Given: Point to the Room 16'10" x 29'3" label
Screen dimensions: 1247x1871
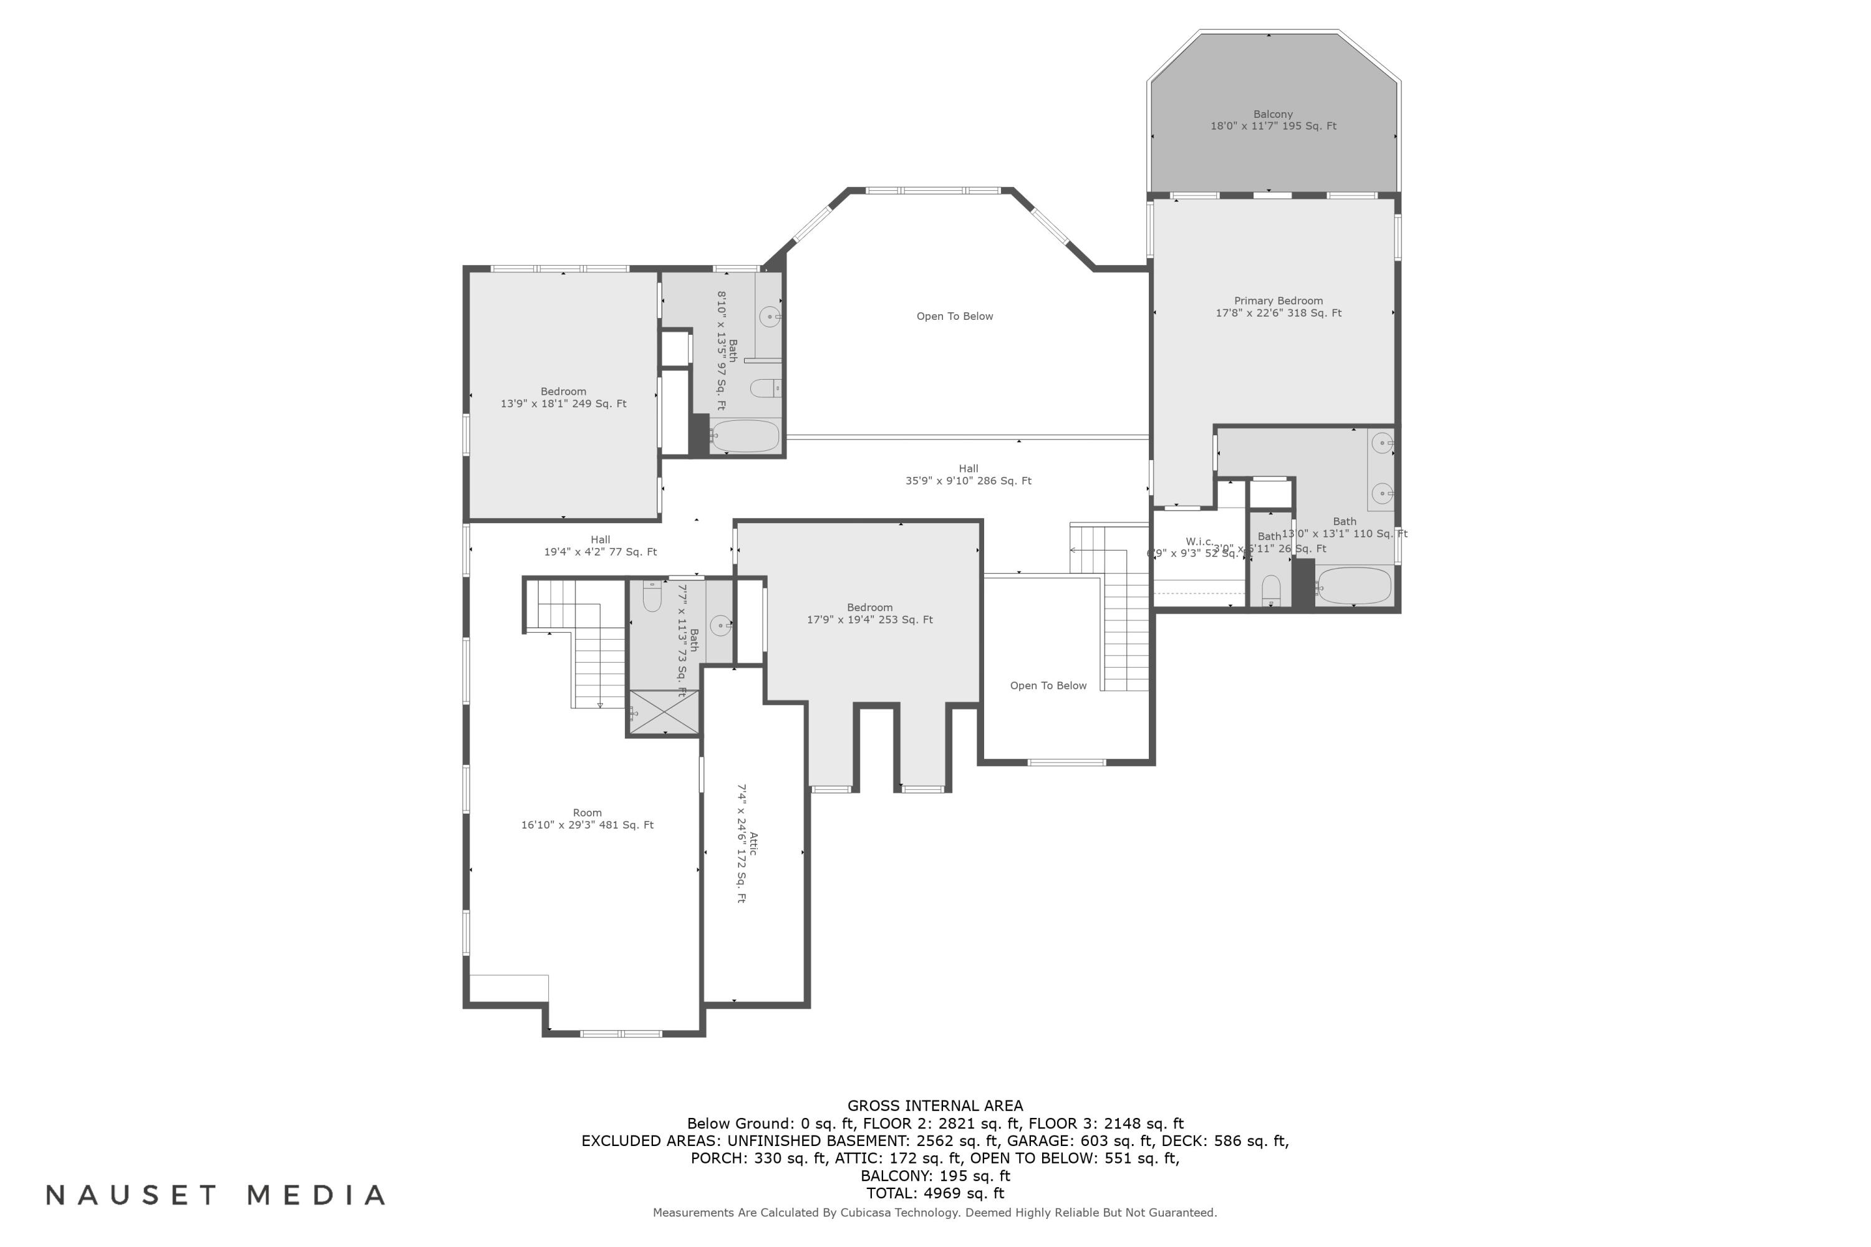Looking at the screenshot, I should click(587, 818).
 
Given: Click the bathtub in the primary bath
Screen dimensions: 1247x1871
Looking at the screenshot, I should click(1353, 586).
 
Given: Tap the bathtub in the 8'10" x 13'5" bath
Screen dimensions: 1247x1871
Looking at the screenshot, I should click(745, 436).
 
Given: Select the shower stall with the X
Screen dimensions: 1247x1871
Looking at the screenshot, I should click(664, 712).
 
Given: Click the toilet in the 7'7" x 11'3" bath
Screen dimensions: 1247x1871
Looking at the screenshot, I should click(652, 597).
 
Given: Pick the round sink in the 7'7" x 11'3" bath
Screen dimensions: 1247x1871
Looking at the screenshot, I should click(720, 625).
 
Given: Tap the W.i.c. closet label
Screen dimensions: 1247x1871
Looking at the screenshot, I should click(1199, 542).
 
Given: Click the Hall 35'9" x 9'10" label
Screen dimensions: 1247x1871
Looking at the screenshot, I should click(968, 474).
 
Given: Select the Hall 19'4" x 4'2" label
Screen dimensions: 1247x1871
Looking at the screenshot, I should click(600, 546).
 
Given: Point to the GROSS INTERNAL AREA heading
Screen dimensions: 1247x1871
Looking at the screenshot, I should click(935, 1105).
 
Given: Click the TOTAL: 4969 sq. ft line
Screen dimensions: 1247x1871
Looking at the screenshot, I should click(935, 1193).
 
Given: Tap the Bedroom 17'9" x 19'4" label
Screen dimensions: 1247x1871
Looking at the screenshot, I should click(869, 613).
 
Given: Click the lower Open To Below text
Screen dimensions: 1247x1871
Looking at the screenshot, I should click(1048, 685).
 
